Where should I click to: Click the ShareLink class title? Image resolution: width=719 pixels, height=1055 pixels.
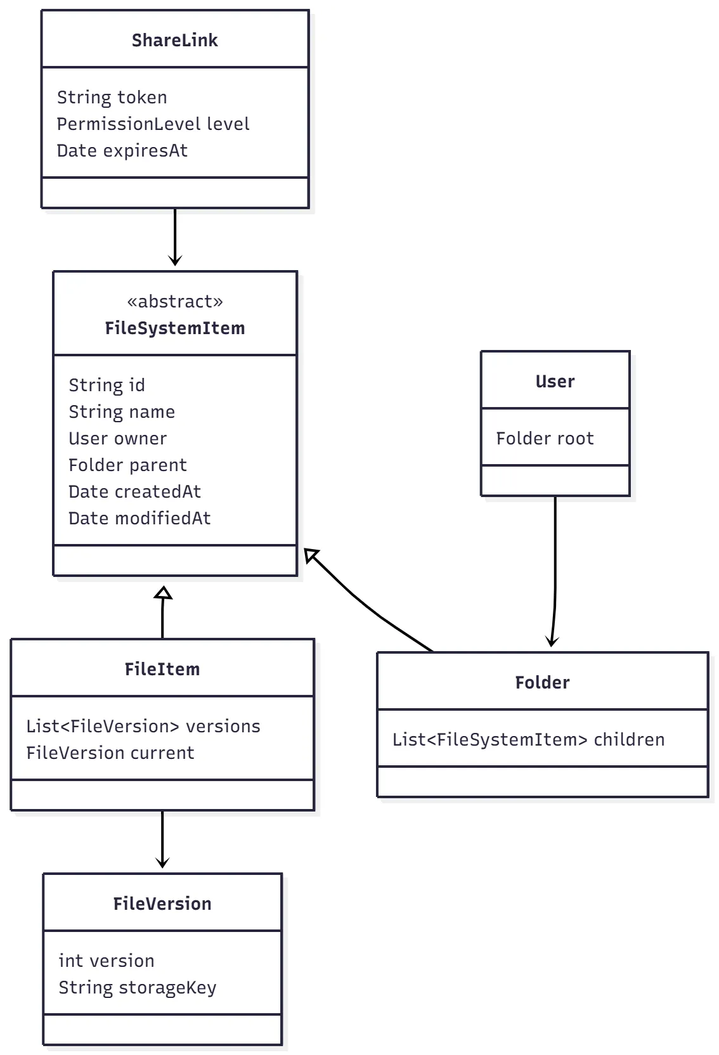click(x=174, y=40)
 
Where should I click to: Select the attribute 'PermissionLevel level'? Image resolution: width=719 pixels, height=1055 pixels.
click(x=153, y=124)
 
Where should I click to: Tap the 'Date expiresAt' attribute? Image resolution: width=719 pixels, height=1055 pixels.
click(x=122, y=150)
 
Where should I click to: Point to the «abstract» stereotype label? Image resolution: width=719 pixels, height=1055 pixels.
click(x=175, y=301)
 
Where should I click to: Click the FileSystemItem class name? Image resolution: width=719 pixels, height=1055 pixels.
click(x=175, y=328)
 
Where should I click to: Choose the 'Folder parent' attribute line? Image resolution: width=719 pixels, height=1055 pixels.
click(x=127, y=465)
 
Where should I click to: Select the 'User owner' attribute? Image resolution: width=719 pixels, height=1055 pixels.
click(x=117, y=438)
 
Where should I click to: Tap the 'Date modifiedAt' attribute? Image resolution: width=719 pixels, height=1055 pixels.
click(x=139, y=518)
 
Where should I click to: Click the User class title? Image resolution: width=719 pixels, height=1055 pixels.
click(x=555, y=381)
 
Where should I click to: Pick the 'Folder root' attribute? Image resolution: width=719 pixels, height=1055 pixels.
click(x=545, y=438)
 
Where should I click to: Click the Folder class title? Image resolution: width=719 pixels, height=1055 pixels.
click(x=542, y=682)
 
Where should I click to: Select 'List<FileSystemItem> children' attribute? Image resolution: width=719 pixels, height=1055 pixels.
click(x=528, y=739)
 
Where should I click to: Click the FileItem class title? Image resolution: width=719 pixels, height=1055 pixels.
click(x=162, y=669)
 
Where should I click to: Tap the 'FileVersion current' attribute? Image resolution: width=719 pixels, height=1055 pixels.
click(x=110, y=753)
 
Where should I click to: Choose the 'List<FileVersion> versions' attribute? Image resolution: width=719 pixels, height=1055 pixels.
click(x=143, y=726)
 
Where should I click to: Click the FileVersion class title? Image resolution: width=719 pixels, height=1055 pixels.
click(x=162, y=903)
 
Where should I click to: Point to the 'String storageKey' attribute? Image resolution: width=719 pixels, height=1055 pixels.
click(x=137, y=987)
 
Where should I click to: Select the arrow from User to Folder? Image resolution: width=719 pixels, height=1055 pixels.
click(x=555, y=571)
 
